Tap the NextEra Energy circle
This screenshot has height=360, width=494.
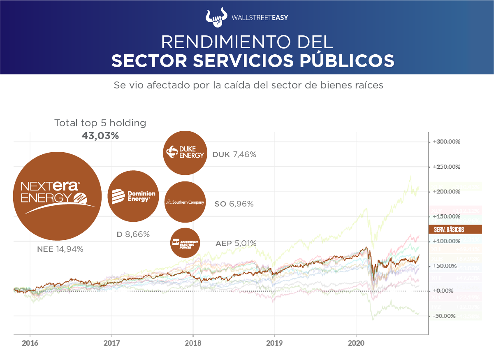[58, 196]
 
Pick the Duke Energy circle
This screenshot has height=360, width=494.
[185, 153]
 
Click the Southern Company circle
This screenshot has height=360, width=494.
[185, 202]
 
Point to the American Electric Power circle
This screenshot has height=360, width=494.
[185, 243]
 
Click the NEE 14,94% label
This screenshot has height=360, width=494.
[60, 249]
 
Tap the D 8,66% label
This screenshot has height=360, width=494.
[133, 235]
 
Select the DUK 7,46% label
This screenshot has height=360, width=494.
[234, 155]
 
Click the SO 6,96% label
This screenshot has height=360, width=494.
[234, 204]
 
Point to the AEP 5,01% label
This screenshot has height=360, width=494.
[236, 244]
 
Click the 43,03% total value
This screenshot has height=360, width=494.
[100, 136]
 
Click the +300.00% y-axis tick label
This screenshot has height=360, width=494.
[447, 142]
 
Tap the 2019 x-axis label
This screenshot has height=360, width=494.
[274, 343]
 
